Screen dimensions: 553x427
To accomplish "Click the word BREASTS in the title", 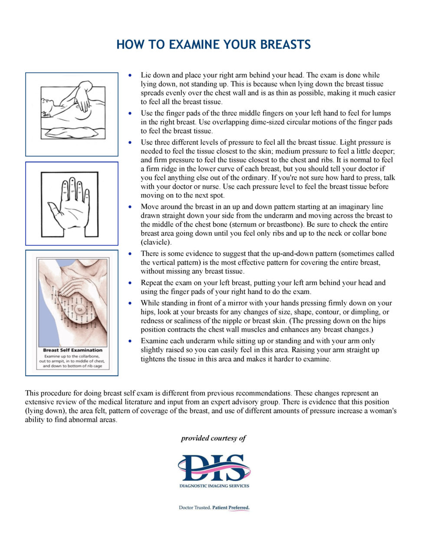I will [x=283, y=44].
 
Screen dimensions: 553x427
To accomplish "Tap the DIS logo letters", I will [x=214, y=467].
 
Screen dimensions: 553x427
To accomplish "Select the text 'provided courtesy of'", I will [x=213, y=438].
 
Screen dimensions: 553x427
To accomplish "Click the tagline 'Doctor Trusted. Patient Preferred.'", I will [x=214, y=507].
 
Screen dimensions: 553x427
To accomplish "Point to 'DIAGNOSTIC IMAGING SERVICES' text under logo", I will [x=214, y=486].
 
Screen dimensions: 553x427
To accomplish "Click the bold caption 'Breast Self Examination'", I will [x=72, y=350].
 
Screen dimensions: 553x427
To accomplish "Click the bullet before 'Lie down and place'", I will [x=131, y=76].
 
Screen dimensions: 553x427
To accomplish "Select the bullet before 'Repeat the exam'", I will [x=131, y=283].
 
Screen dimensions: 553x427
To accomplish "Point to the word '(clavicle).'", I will [x=156, y=242].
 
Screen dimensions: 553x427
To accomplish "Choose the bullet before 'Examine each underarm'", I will [x=131, y=341].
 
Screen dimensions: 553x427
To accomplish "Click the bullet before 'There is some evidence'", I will [x=131, y=254].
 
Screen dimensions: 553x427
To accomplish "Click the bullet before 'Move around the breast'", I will [x=131, y=207].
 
